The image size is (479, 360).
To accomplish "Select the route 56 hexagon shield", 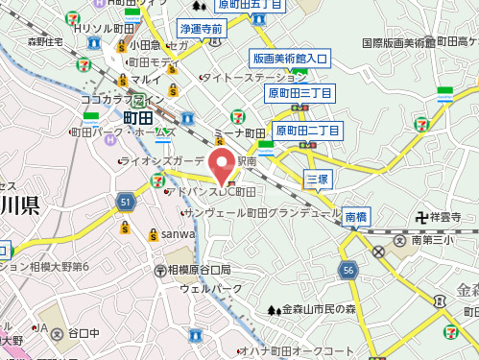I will (x=347, y=272).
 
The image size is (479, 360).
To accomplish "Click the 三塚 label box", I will (x=317, y=179).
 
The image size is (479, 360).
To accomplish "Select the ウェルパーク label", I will (x=211, y=288).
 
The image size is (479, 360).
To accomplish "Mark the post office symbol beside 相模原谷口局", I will (x=159, y=269).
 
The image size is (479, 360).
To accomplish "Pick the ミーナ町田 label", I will (x=240, y=132).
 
